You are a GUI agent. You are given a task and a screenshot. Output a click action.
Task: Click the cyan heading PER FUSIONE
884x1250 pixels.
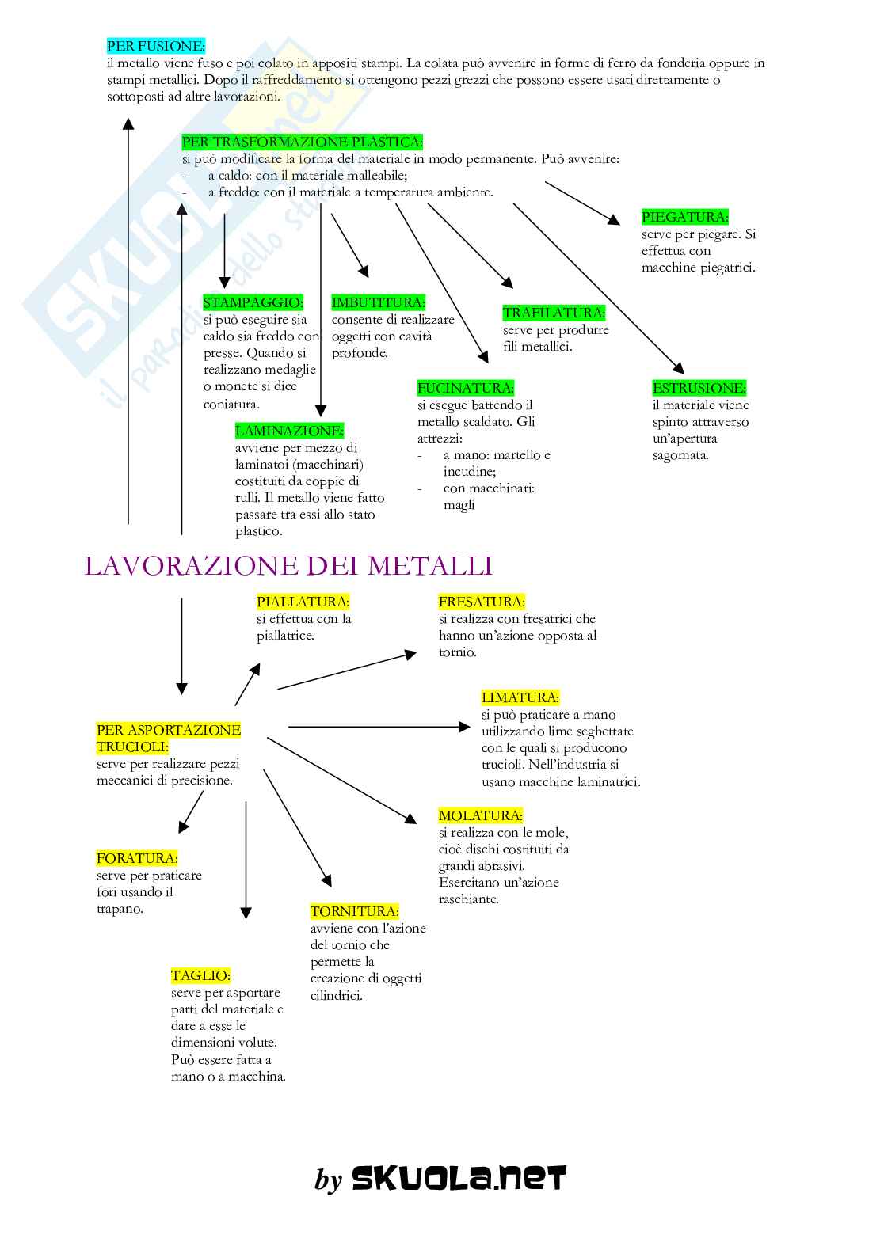[x=155, y=46]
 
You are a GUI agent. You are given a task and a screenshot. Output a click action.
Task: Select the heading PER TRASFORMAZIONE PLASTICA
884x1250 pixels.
[x=302, y=142]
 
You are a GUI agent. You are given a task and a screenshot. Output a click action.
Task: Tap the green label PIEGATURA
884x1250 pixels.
[x=684, y=217]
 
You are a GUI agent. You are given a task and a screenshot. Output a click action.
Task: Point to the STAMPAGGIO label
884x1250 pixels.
[x=253, y=302]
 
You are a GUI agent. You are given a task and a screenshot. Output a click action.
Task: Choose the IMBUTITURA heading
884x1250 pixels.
[x=378, y=302]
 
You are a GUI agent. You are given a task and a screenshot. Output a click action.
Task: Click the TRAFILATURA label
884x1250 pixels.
[x=554, y=313]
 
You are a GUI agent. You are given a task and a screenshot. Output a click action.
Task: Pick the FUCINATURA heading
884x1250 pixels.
[x=465, y=388]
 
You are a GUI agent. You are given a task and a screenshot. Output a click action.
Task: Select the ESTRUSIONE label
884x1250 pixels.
[x=699, y=388]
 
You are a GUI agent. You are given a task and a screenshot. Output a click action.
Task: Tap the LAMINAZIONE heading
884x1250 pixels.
[x=289, y=431]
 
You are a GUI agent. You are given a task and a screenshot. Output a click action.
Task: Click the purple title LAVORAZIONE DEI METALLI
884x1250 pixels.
[x=288, y=566]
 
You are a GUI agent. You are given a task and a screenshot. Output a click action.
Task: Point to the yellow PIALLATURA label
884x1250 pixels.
[x=303, y=602]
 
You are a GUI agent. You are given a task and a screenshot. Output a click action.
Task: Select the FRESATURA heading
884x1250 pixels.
[x=482, y=602]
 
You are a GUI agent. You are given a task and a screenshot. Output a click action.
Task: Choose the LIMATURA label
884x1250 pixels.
[x=520, y=697]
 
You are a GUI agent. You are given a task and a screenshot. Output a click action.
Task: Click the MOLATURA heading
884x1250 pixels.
[x=480, y=815]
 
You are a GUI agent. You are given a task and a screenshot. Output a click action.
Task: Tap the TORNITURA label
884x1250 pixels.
[x=354, y=911]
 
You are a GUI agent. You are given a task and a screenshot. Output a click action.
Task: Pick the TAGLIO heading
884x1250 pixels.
[x=200, y=975]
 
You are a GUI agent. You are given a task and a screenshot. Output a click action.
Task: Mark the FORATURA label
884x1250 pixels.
[x=137, y=858]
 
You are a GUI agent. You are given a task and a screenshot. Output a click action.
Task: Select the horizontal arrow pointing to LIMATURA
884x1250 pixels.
[x=379, y=726]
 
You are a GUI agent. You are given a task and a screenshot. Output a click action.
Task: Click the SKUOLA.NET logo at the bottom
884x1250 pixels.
[x=459, y=1179]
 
